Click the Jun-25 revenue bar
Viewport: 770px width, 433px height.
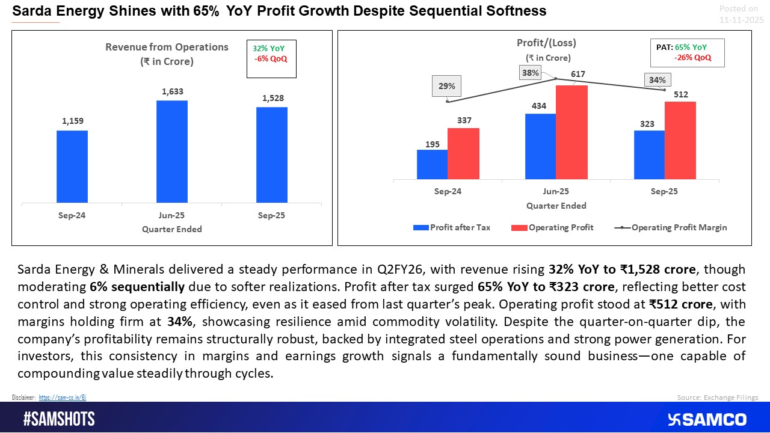[x=172, y=152]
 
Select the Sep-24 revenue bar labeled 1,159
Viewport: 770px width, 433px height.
[x=72, y=167]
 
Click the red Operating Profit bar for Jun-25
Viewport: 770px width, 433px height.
[x=571, y=132]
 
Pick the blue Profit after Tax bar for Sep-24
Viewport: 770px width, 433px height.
[x=432, y=164]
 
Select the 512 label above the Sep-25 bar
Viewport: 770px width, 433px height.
[x=681, y=94]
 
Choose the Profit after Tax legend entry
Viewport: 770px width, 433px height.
[x=452, y=227]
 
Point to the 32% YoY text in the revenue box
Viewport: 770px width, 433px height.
[x=269, y=48]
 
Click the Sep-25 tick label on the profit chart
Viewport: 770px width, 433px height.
[x=665, y=191]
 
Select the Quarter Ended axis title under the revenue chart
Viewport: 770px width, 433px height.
[x=172, y=229]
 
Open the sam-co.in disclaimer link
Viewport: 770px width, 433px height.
[x=63, y=398]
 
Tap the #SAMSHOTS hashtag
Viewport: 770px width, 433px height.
[x=59, y=419]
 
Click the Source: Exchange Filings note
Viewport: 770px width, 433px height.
[x=718, y=398]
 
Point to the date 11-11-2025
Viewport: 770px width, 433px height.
[x=741, y=20]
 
